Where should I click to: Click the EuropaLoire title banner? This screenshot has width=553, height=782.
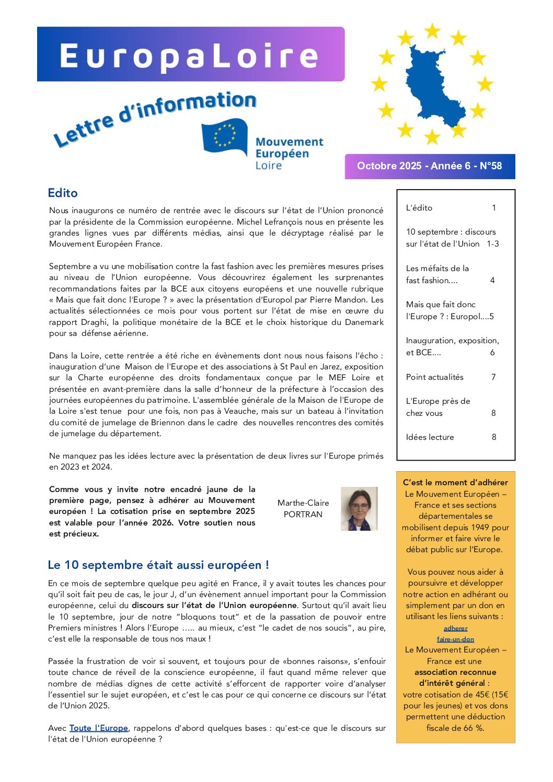[191, 55]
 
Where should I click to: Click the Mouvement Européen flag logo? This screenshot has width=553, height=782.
[225, 137]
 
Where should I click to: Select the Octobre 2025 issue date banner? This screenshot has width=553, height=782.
[430, 166]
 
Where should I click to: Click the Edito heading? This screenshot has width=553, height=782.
[63, 193]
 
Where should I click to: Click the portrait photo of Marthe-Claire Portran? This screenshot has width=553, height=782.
[359, 509]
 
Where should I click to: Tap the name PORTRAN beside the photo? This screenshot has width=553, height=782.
[303, 515]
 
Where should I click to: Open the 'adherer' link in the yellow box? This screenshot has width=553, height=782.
[456, 628]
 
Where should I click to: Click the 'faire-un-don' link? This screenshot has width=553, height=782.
[456, 639]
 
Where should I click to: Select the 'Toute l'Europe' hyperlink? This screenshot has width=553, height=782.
[99, 728]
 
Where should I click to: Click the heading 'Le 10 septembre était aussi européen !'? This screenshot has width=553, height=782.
[158, 565]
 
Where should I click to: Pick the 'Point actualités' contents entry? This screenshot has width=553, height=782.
[435, 377]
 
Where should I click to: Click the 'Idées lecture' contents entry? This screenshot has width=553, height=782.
[430, 437]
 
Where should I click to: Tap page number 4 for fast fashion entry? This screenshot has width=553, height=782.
[492, 281]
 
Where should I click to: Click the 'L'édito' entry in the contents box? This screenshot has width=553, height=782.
[419, 208]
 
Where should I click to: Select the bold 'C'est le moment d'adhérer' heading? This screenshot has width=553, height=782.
[455, 483]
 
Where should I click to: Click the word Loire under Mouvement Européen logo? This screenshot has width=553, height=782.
[269, 166]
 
